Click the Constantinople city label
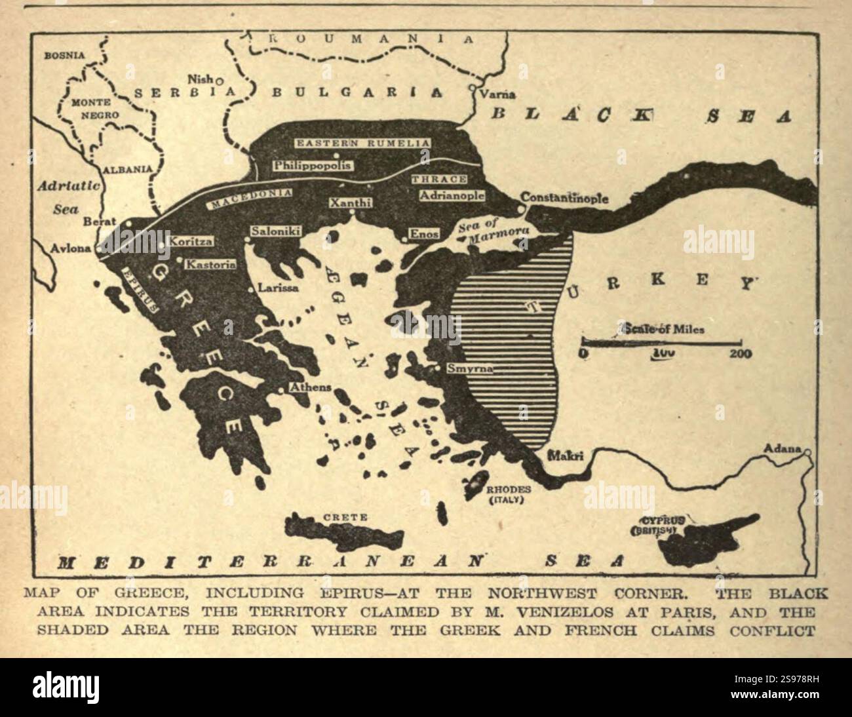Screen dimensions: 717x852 (564, 198)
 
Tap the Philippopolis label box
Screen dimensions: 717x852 (312, 165)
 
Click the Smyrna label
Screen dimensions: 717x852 (469, 368)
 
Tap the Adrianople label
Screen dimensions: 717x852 (452, 195)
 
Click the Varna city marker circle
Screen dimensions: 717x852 (472, 87)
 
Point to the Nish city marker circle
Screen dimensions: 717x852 (220, 81)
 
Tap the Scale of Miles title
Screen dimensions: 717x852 (664, 329)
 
